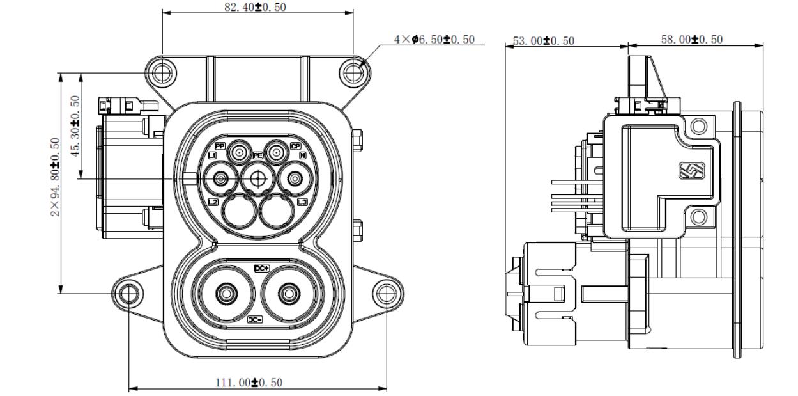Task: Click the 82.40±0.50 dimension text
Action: click(257, 6)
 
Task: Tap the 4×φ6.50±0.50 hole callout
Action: click(435, 40)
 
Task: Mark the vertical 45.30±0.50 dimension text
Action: click(75, 126)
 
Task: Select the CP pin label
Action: click(296, 146)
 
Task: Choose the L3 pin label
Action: click(303, 202)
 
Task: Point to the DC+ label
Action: click(263, 269)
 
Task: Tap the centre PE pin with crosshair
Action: click(258, 179)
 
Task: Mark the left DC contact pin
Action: click(225, 294)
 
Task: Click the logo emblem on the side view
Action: click(693, 171)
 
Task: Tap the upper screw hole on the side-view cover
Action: click(700, 125)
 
